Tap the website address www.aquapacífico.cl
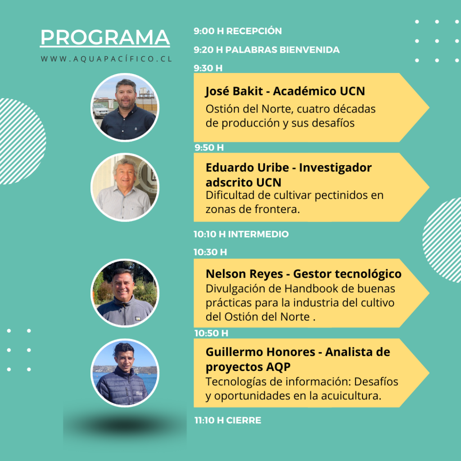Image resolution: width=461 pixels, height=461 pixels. (x=106, y=59)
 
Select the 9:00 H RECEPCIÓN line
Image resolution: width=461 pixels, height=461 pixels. (x=238, y=31)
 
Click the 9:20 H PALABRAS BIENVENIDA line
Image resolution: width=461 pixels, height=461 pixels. (x=267, y=50)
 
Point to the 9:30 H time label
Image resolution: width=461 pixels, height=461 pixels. (x=208, y=68)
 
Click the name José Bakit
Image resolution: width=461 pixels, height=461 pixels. (x=234, y=91)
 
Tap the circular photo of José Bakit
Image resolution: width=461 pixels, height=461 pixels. (x=125, y=107)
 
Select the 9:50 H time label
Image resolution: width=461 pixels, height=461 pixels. (x=209, y=147)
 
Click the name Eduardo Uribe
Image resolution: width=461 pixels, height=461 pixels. (x=247, y=167)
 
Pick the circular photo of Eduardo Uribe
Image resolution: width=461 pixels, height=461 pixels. (x=125, y=187)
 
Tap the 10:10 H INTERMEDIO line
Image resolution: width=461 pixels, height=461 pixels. (x=241, y=234)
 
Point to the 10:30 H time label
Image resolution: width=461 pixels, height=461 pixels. (x=210, y=252)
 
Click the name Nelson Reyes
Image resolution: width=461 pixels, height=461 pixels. (x=244, y=274)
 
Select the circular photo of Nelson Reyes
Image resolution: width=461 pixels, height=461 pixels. (x=125, y=293)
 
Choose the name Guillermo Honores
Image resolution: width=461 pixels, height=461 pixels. (x=261, y=352)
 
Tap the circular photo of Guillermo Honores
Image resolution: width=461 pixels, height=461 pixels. (x=125, y=373)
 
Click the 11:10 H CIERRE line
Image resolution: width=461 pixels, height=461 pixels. (x=228, y=420)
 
